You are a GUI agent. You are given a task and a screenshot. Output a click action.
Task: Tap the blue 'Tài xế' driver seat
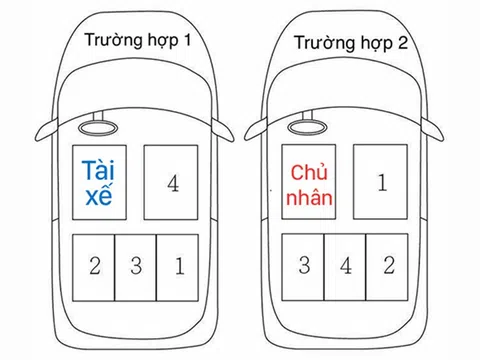click(103, 181)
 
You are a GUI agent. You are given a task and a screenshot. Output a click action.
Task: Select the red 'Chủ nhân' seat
click(312, 184)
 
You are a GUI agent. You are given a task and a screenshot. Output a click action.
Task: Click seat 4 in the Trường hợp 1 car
click(173, 183)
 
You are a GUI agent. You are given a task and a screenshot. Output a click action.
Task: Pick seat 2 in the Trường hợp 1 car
click(94, 267)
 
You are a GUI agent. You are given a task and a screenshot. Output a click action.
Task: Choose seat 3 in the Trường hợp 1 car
click(136, 267)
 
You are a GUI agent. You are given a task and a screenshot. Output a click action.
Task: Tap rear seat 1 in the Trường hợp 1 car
click(178, 267)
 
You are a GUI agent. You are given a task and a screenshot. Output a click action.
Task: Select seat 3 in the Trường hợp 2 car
click(304, 267)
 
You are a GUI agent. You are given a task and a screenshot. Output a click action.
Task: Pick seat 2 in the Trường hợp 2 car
click(387, 267)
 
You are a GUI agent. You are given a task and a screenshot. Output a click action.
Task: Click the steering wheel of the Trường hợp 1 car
click(101, 127)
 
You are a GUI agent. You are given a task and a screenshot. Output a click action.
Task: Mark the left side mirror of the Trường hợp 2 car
click(257, 128)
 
